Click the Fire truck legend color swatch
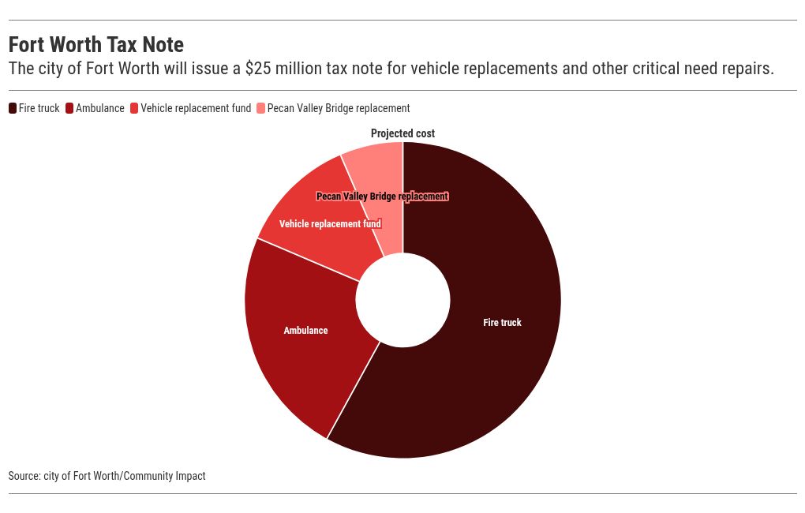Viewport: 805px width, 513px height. pos(13,108)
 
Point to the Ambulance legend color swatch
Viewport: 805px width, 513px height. pos(69,108)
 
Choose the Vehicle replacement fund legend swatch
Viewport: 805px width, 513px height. pos(134,108)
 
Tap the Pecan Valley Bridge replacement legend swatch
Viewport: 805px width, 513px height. pos(261,108)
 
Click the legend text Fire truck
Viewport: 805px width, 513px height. pos(39,108)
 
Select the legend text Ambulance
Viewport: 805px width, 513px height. pos(100,108)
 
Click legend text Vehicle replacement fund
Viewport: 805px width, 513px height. pos(196,108)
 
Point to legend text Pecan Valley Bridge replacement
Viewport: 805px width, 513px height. pos(339,108)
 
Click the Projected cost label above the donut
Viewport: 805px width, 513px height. pos(402,133)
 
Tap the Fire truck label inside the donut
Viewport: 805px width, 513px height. pos(502,322)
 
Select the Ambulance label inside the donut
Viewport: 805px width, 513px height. pos(305,330)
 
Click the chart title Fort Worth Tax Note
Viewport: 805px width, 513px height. pos(96,44)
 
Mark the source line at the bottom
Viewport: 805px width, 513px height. pos(107,476)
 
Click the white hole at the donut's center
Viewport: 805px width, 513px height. pos(402,300)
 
